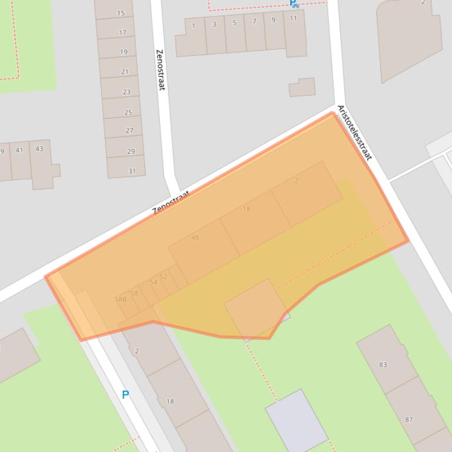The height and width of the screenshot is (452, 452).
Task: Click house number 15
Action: tap(121, 13)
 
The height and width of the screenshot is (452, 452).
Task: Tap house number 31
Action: tap(132, 171)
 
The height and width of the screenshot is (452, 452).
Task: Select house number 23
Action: tap(126, 92)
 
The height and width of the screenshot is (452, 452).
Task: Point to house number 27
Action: tap(129, 130)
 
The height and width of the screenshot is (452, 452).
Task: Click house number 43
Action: tap(39, 149)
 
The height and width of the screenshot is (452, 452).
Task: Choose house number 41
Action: tap(19, 150)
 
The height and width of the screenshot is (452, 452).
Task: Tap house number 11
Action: tap(293, 18)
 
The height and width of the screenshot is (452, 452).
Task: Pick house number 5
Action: tap(235, 23)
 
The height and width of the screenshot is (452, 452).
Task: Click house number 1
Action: tap(193, 26)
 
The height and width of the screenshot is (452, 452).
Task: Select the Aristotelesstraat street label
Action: tap(355, 133)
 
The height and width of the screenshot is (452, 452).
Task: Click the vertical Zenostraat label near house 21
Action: tap(160, 69)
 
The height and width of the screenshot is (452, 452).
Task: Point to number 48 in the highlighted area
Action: tap(195, 238)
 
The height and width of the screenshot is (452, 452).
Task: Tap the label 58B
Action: tap(120, 299)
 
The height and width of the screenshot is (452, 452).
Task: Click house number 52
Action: tap(163, 276)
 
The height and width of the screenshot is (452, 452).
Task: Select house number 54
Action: tap(153, 282)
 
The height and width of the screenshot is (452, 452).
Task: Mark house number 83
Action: tap(383, 365)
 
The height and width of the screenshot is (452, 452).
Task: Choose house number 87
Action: tap(409, 419)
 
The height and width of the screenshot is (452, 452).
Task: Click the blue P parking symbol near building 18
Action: tap(125, 395)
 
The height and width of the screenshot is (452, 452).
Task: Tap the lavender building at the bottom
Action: tap(296, 420)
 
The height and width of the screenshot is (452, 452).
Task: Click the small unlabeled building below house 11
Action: tap(302, 87)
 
